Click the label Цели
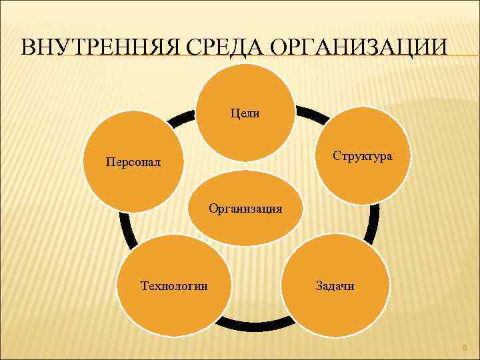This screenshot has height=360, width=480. [245, 113]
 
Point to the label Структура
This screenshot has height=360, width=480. [363, 155]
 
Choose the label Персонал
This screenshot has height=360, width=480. [133, 162]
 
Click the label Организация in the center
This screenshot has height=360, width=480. [245, 208]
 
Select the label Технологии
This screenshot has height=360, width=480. [174, 286]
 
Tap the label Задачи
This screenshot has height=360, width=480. [335, 286]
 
